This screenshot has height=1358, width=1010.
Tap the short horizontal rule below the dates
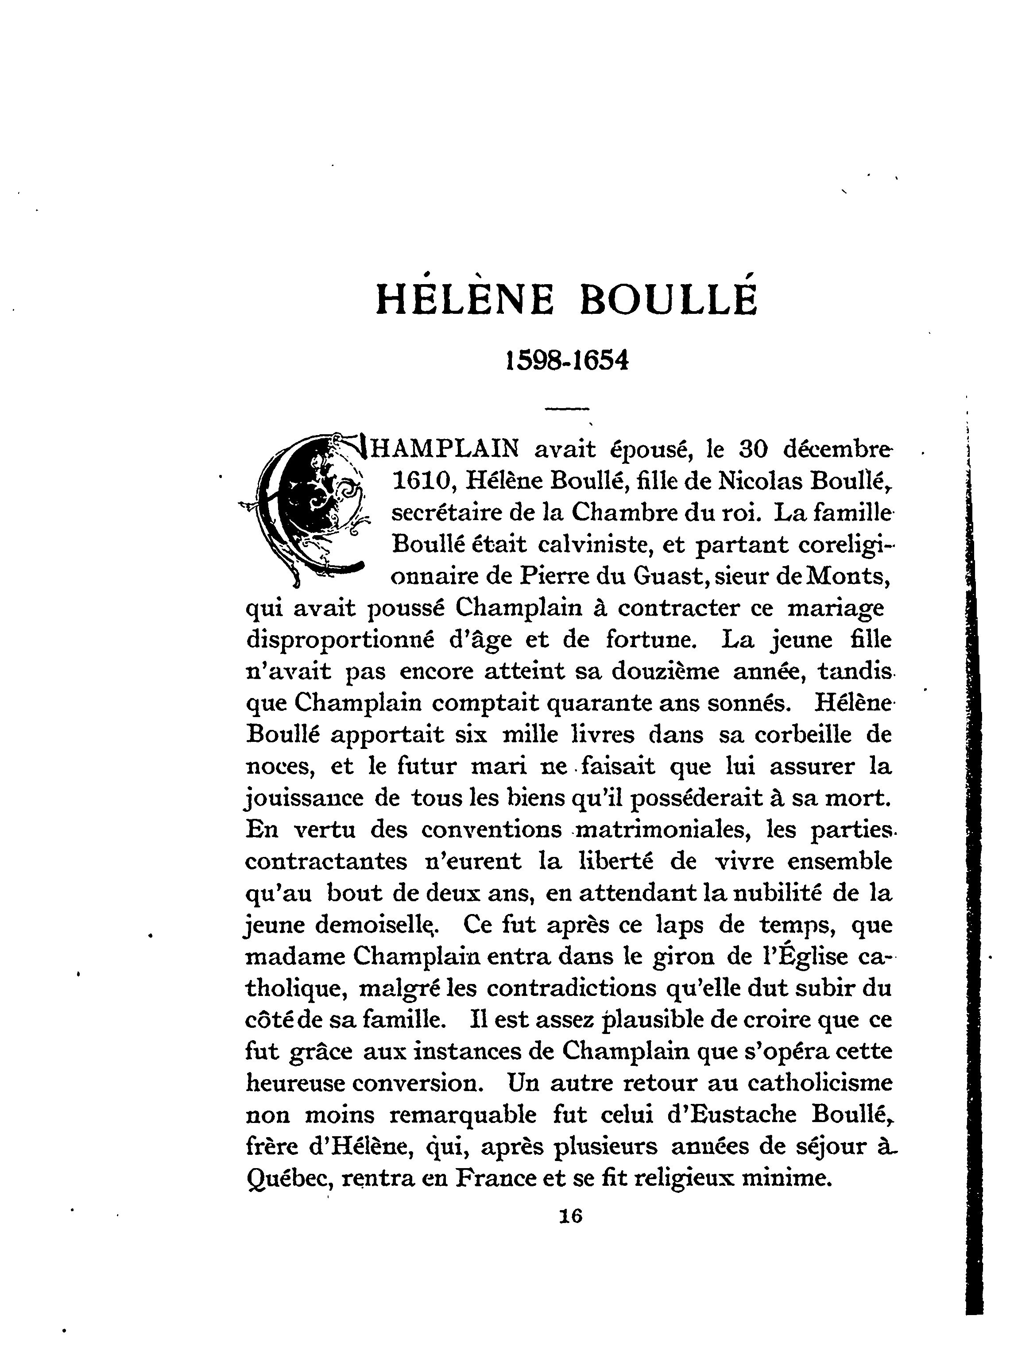pyautogui.click(x=567, y=408)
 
